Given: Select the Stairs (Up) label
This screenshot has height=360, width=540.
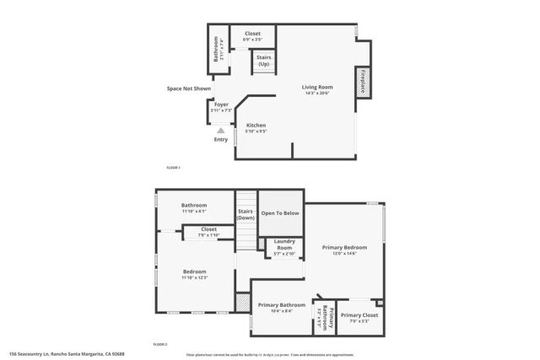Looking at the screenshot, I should [264, 62].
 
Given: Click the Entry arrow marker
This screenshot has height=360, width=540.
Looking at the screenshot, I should [221, 131].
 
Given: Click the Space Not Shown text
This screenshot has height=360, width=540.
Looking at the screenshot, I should [188, 87].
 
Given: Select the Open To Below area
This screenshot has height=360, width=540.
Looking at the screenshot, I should [280, 213].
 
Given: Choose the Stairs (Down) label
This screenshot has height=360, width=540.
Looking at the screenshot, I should [246, 214].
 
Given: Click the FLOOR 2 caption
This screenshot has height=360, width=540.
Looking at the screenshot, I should [160, 344].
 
